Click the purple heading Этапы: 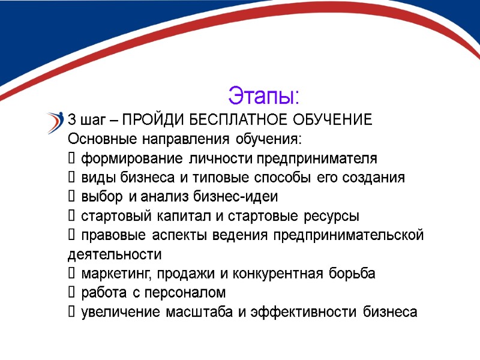click(x=263, y=95)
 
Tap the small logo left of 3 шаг click(x=55, y=122)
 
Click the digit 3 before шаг click(x=72, y=120)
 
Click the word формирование click(x=131, y=158)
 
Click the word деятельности click(x=115, y=254)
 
